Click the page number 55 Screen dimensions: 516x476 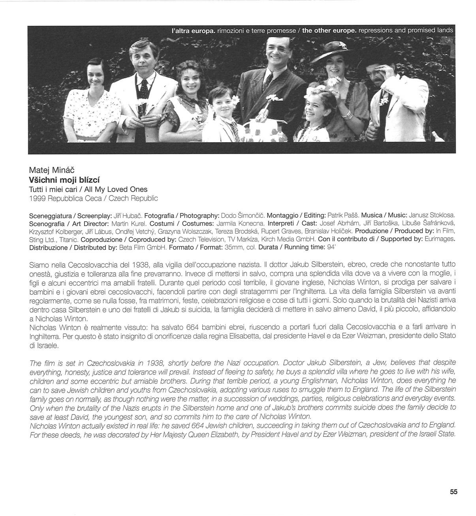coord(453,492)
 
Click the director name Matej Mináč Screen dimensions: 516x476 coord(52,170)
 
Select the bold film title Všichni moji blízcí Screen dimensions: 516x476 coord(67,180)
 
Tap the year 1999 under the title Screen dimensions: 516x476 coord(38,198)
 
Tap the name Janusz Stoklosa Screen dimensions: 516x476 coord(432,215)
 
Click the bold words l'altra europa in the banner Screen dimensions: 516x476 coord(194,30)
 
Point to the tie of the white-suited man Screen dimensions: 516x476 coord(145,87)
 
